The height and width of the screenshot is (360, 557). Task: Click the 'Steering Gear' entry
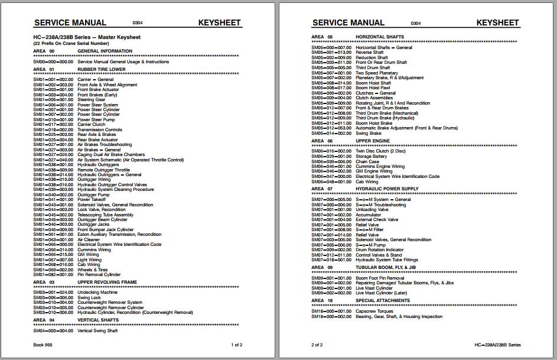(x=92, y=100)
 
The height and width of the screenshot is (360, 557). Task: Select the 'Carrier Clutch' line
(x=91, y=125)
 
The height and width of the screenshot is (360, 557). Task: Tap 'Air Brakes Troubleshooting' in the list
(x=105, y=145)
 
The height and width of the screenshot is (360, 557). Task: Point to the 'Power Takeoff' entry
(x=92, y=200)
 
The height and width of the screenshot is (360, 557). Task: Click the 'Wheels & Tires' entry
(x=93, y=270)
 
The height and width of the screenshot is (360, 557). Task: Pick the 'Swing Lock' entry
(x=89, y=297)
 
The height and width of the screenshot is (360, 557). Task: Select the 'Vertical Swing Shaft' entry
(x=97, y=330)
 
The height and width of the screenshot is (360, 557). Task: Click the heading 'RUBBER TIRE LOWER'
(x=101, y=69)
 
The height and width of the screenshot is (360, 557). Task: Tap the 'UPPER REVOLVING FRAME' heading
(x=107, y=283)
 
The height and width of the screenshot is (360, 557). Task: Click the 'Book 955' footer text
(x=43, y=345)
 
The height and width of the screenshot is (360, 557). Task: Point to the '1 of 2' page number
(x=236, y=345)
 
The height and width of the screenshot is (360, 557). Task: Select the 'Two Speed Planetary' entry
(x=377, y=73)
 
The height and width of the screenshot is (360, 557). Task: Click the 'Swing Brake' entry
(x=368, y=133)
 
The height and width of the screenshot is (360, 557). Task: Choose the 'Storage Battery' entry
(x=372, y=156)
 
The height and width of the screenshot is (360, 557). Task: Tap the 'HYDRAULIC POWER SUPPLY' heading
(x=387, y=189)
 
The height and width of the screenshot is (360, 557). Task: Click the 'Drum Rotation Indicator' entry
(x=379, y=249)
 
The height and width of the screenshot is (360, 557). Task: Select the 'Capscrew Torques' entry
(x=374, y=312)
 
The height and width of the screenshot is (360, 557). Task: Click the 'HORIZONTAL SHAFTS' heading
(x=380, y=37)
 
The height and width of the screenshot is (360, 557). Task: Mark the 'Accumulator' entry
(x=369, y=215)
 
